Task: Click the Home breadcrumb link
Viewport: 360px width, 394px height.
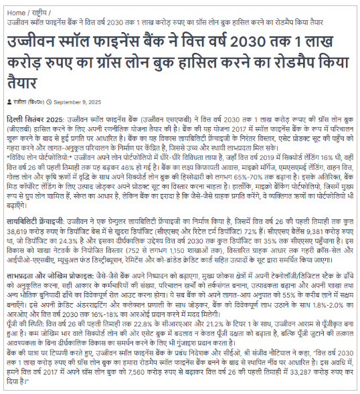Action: click(x=17, y=11)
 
